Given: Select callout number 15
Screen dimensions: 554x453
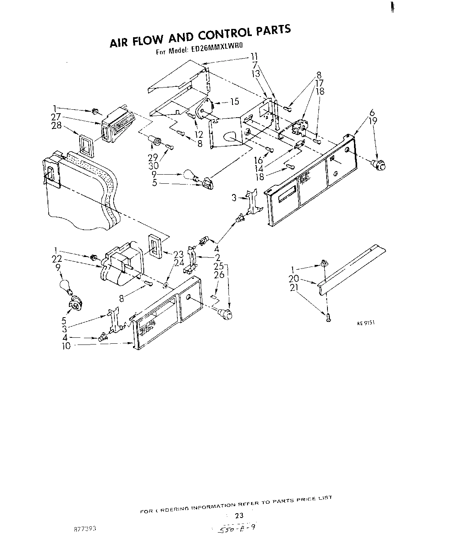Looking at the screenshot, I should [234, 101].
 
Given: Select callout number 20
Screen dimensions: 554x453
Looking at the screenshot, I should [293, 278].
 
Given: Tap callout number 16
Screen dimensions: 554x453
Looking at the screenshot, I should [259, 160].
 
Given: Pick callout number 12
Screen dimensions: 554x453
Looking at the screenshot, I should [199, 135].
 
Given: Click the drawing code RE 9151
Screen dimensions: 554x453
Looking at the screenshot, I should [366, 323].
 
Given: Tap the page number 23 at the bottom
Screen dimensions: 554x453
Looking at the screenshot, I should [239, 516].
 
